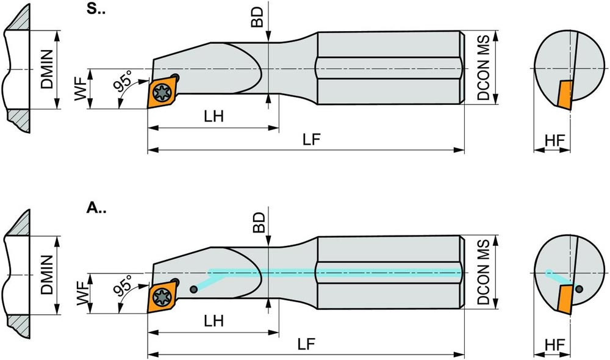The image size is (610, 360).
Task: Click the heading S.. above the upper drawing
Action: [x=96, y=9]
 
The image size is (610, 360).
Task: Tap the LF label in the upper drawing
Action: [x=312, y=139]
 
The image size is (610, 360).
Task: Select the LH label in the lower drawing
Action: [x=214, y=321]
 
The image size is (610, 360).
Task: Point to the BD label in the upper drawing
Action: [x=257, y=17]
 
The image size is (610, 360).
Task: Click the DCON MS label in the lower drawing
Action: [x=484, y=272]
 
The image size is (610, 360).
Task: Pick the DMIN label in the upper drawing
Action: [x=47, y=70]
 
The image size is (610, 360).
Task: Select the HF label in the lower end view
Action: [x=554, y=345]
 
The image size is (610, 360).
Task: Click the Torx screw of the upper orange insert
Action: [x=160, y=93]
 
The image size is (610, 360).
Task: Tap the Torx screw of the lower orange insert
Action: [x=160, y=298]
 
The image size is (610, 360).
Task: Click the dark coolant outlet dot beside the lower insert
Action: [x=193, y=289]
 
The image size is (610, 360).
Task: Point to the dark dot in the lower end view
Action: [x=579, y=289]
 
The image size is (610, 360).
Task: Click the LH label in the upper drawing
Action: [x=214, y=117]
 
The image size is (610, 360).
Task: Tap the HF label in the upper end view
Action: [x=554, y=140]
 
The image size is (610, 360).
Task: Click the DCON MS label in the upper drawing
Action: [x=484, y=68]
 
